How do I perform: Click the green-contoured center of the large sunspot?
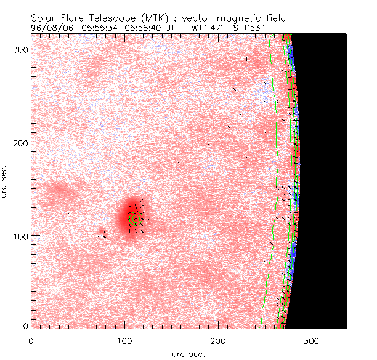click(136, 217)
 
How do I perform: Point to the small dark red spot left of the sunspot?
click(100, 231)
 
